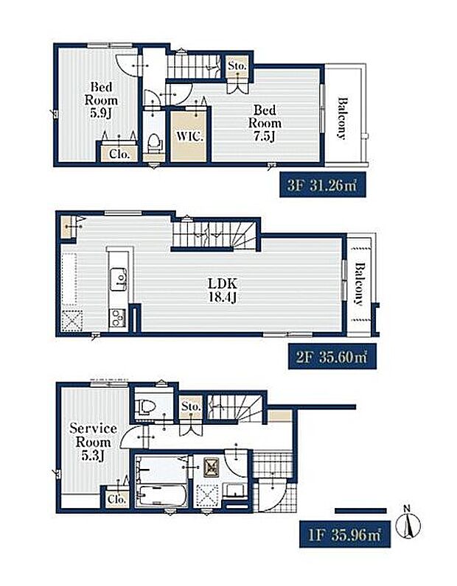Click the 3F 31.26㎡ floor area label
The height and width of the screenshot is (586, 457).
[322, 186]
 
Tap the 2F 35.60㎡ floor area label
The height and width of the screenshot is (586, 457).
[332, 357]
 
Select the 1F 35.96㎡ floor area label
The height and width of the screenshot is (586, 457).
[345, 535]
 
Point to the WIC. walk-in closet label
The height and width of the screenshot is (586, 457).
[189, 136]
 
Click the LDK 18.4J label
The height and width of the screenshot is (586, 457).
[223, 290]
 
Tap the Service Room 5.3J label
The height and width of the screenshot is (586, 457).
[93, 442]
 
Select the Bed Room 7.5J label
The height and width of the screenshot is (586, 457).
[265, 123]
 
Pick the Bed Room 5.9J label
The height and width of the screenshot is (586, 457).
[101, 100]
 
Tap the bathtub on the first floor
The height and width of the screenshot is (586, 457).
[162, 495]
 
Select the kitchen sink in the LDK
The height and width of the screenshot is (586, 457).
[118, 279]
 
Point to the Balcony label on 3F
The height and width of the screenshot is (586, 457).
[342, 119]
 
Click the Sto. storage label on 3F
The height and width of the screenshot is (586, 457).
[237, 66]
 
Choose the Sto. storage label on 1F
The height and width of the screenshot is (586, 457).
[191, 406]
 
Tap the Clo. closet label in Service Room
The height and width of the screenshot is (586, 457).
[116, 499]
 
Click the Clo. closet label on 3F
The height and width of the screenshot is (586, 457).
[119, 154]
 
